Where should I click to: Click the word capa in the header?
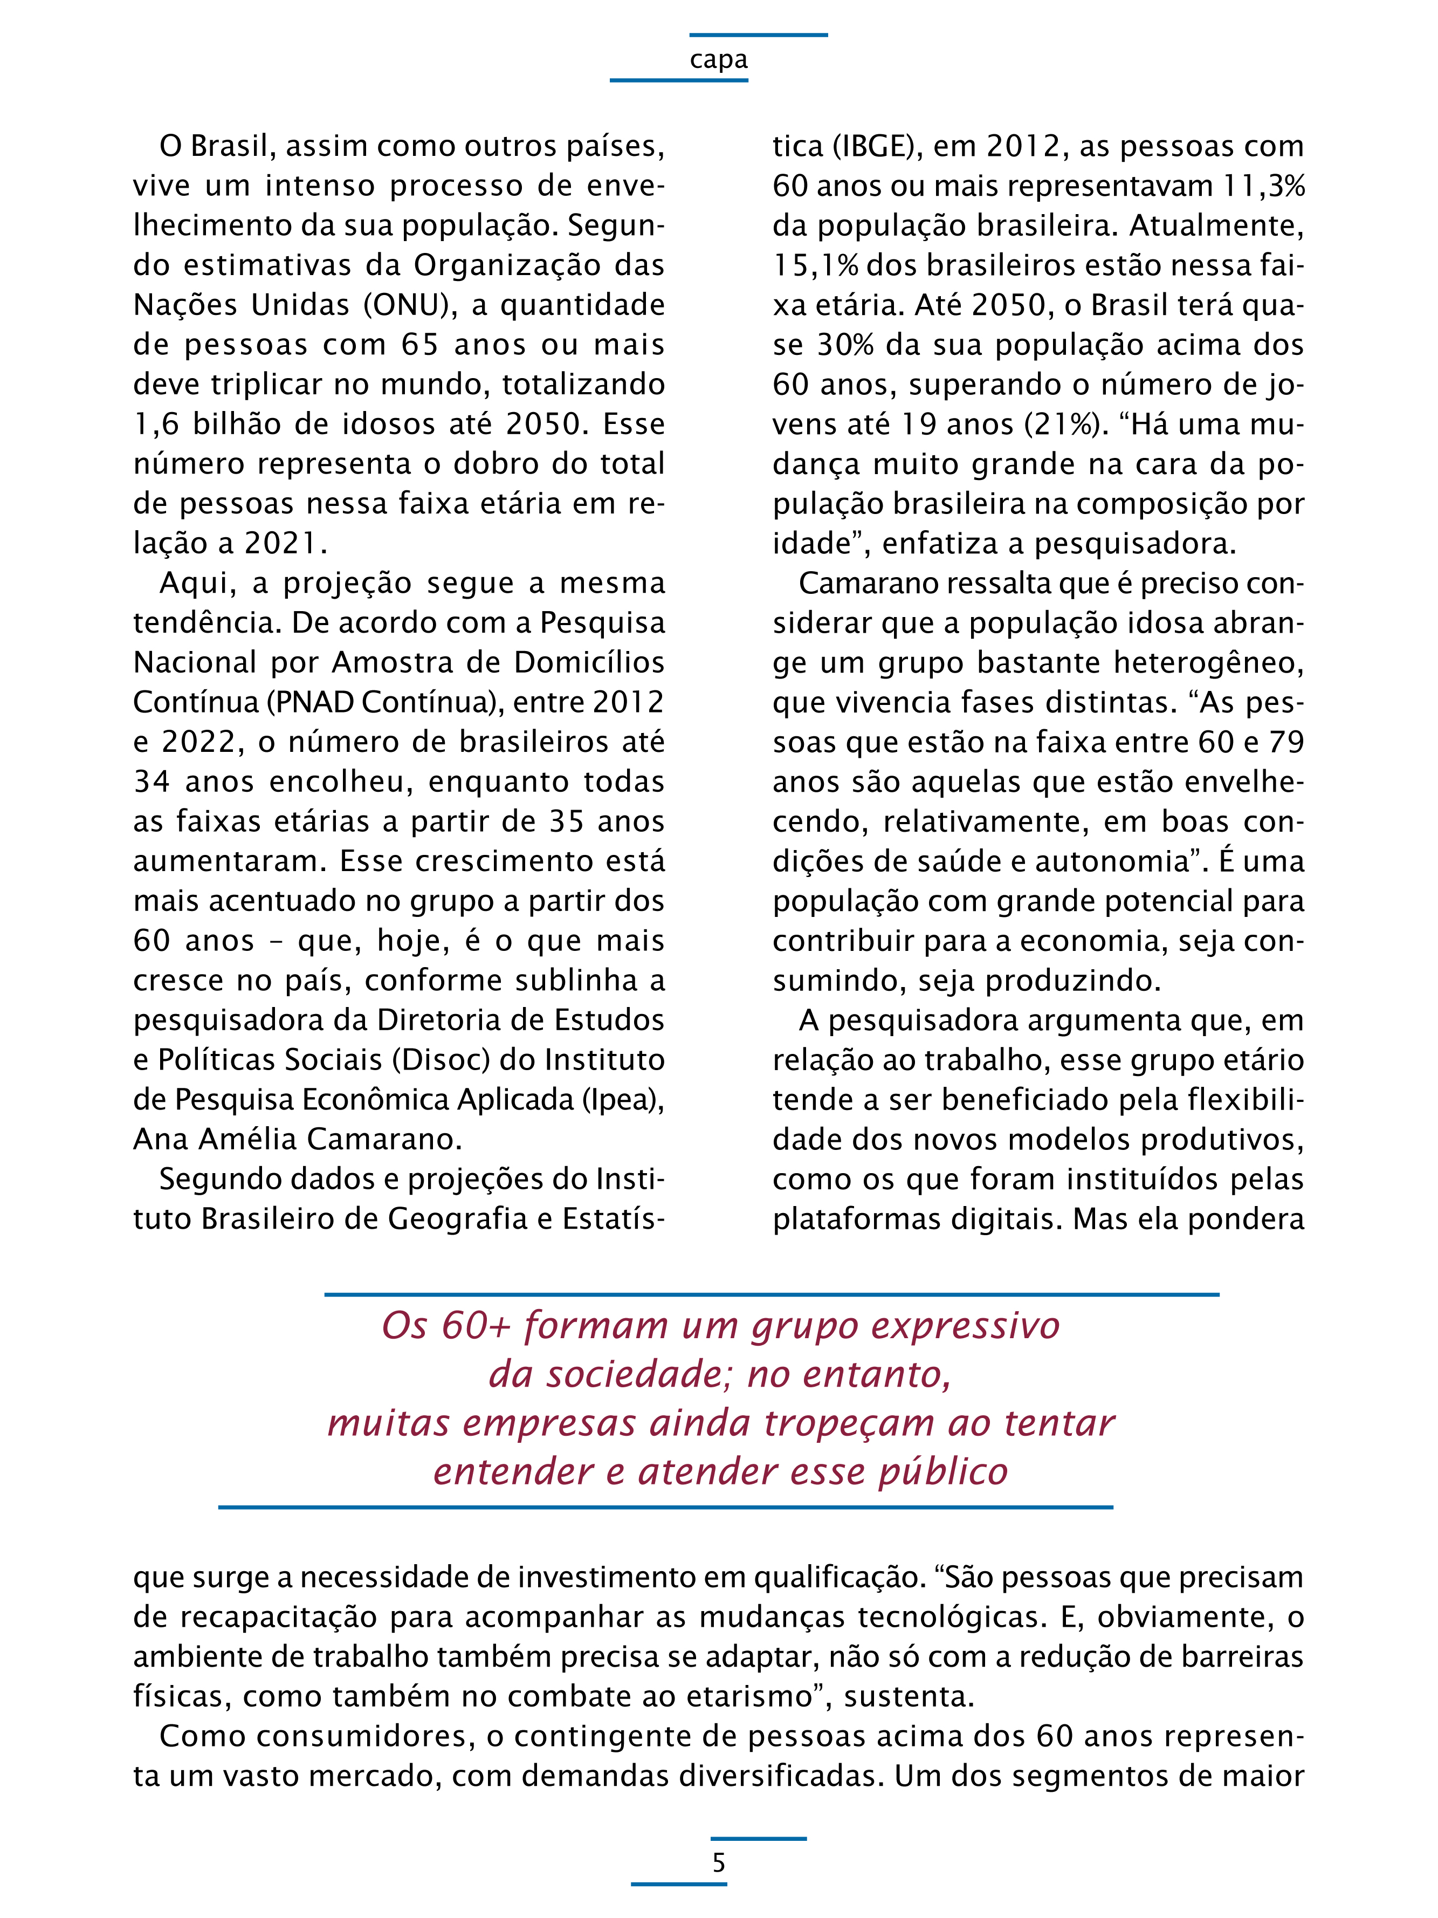[719, 60]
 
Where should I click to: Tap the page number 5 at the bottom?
[719, 1862]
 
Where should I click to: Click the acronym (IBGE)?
[877, 147]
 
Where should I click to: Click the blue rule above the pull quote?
[772, 1294]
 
